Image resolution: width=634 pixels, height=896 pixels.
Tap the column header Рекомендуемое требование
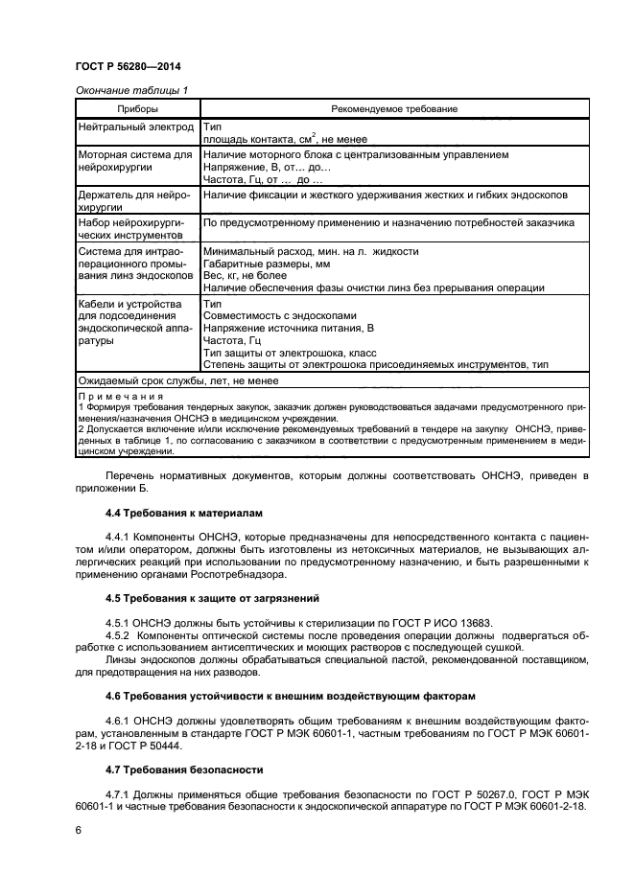tap(393, 109)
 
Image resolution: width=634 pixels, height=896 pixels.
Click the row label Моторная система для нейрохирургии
tap(134, 160)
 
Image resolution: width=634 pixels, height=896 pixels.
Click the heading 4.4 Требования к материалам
tap(181, 515)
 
